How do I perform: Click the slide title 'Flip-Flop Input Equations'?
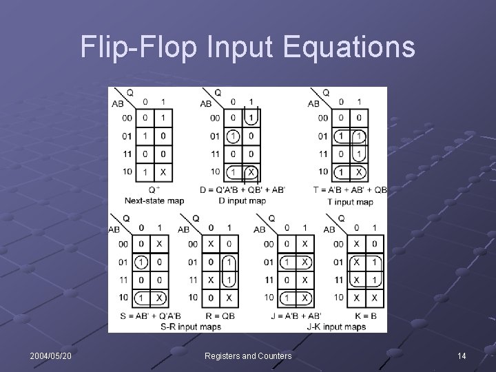click(247, 48)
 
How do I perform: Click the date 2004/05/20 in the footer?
click(52, 355)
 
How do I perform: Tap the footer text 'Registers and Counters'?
click(248, 355)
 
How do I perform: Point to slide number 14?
click(462, 355)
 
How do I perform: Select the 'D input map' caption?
click(242, 201)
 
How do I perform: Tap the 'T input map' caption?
click(349, 202)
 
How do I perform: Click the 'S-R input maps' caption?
click(191, 326)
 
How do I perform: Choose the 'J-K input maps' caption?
click(335, 326)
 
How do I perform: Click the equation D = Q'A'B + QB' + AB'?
click(242, 190)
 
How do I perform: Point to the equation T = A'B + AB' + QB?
click(350, 190)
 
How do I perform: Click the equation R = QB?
click(216, 316)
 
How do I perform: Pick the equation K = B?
click(360, 316)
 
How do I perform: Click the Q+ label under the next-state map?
click(154, 189)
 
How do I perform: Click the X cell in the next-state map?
click(163, 172)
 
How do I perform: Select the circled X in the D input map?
click(251, 172)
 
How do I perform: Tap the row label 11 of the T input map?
click(323, 154)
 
